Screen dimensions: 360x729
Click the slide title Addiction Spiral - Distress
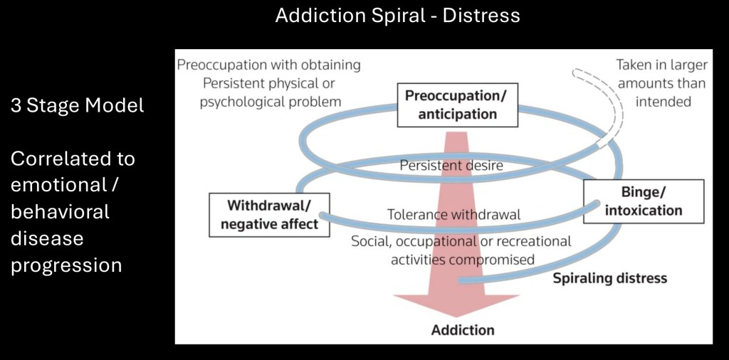click(397, 15)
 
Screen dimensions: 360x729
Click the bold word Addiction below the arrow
click(463, 330)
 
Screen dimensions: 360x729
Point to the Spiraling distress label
click(610, 277)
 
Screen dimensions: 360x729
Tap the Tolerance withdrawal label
click(453, 214)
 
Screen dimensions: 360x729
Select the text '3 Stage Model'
click(77, 106)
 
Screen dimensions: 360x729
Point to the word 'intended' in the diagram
click(663, 101)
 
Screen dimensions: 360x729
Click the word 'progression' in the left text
click(66, 265)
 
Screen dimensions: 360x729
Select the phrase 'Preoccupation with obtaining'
click(268, 65)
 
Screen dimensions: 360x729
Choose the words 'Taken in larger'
click(662, 65)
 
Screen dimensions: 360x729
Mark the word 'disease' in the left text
click(47, 238)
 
